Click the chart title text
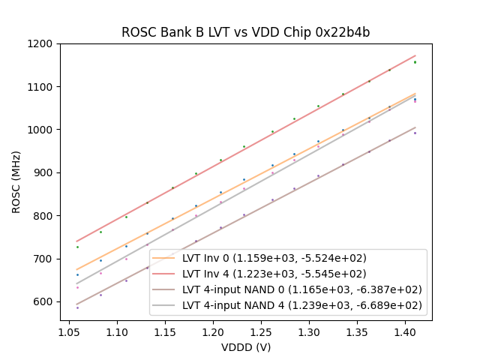pyautogui.click(x=245, y=33)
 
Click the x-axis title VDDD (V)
pyautogui.click(x=245, y=347)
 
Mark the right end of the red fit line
pyautogui.click(x=415, y=55)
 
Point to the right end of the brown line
pyautogui.click(x=415, y=127)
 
